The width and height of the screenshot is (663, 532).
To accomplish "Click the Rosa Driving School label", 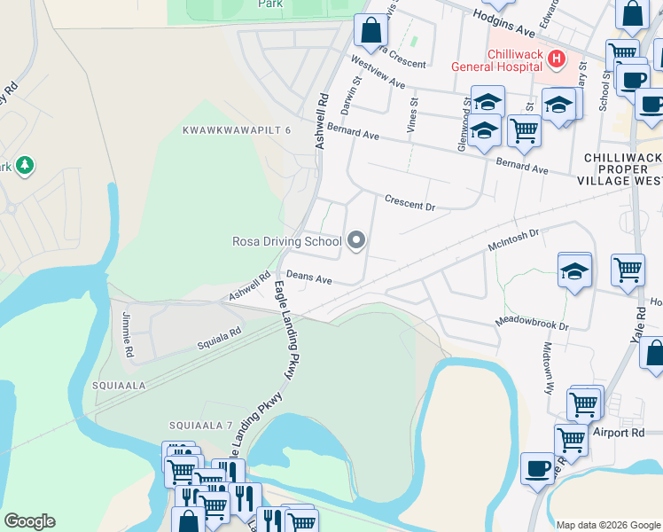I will (286, 241).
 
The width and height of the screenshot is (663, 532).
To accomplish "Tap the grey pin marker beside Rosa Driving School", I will (357, 240).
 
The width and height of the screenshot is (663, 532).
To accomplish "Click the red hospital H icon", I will (557, 59).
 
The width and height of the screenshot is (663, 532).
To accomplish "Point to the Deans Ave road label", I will (308, 278).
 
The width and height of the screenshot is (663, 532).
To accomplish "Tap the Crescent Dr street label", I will (409, 202).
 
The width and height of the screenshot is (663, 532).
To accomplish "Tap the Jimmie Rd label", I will (129, 340).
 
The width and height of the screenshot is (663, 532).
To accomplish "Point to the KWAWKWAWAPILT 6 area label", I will (236, 130).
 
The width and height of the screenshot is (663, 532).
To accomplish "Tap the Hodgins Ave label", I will (504, 22).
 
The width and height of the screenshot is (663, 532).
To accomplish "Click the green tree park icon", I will (26, 166).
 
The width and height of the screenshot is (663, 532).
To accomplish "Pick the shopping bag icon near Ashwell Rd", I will (370, 30).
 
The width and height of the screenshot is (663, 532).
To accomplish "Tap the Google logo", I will (29, 521).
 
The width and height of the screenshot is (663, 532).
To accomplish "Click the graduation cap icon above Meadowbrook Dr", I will (574, 271).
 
